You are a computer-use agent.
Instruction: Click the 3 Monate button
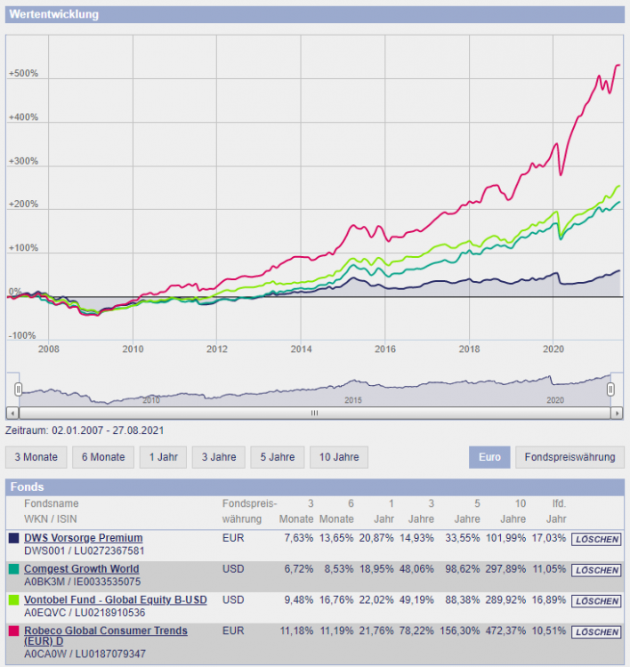36,457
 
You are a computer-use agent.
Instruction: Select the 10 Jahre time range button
339,457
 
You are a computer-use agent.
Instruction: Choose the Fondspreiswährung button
569,457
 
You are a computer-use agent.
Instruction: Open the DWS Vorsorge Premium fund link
83,538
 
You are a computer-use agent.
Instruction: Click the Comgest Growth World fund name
81,568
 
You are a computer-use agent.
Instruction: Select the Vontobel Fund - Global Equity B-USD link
115,599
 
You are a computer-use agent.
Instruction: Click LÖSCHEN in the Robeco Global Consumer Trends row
596,632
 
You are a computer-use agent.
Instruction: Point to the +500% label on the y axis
23,74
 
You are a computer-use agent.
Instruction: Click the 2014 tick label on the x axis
301,348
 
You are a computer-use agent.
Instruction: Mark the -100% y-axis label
22,336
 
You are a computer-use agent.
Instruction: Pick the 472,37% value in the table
508,631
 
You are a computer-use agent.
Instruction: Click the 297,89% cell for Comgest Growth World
508,569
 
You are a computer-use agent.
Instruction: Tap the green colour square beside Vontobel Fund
14,600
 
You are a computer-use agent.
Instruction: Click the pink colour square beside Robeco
14,631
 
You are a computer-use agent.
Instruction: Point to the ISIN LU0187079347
106,654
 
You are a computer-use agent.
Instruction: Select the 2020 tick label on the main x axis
553,348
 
